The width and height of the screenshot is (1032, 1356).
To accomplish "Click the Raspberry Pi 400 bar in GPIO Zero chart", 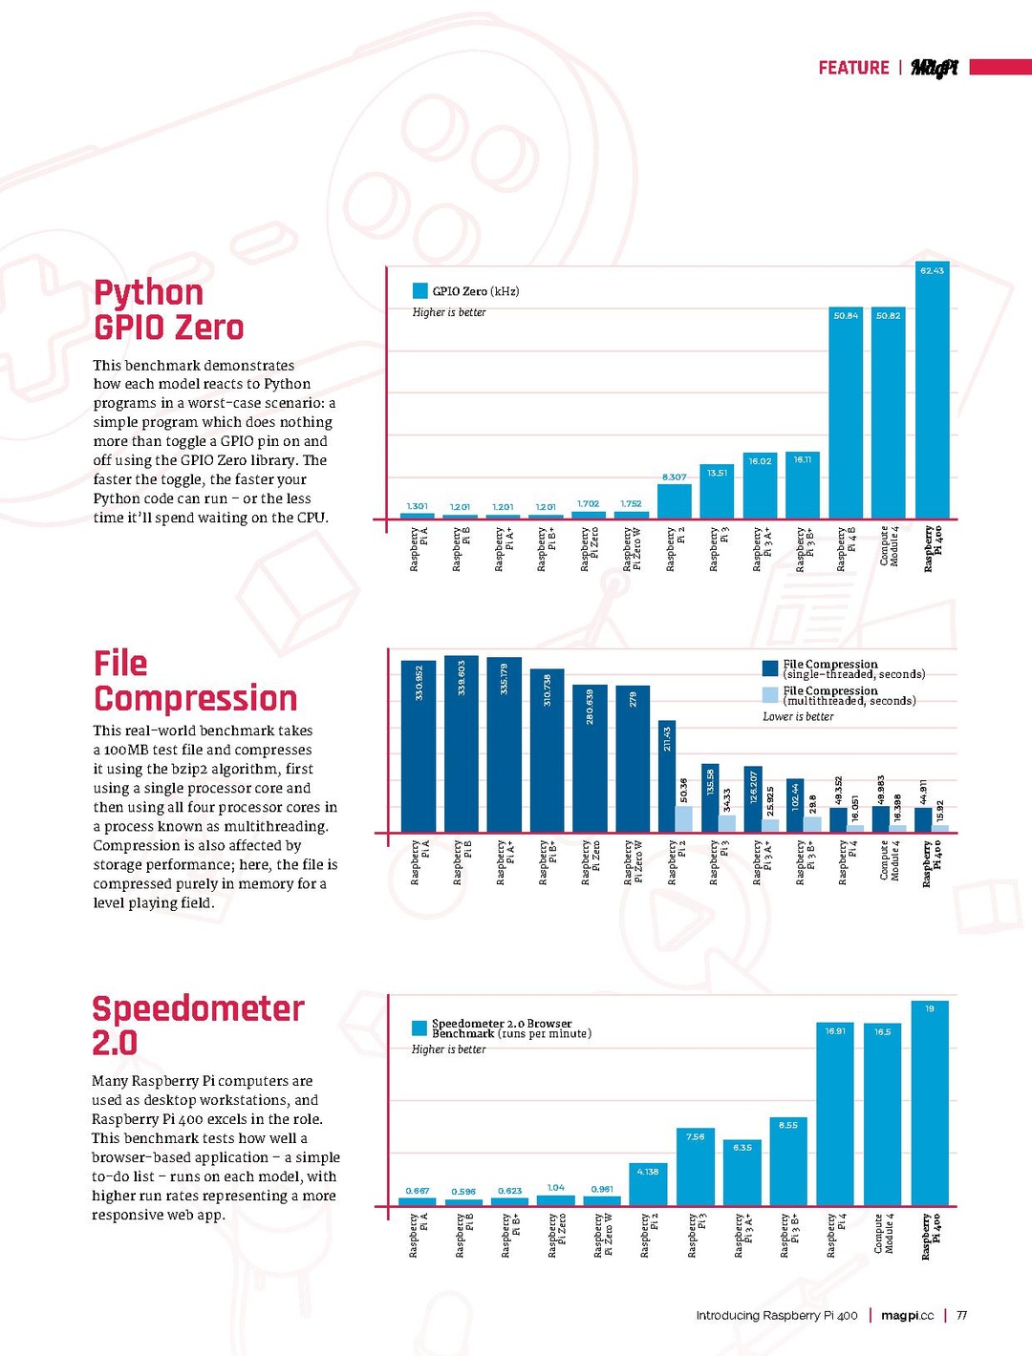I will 932,392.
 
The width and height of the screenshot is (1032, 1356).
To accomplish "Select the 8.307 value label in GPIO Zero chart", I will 674,477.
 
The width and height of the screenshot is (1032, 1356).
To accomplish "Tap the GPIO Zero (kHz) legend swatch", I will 419,290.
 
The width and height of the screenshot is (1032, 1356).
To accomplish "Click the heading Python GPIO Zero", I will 168,309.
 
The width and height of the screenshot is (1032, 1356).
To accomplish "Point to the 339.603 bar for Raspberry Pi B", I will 462,744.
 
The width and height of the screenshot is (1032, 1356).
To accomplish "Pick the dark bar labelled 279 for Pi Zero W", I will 633,758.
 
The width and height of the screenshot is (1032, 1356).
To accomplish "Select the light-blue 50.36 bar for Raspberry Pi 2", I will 684,818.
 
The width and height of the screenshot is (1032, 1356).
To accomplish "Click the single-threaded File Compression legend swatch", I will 770,668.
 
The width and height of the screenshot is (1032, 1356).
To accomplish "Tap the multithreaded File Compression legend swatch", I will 770,695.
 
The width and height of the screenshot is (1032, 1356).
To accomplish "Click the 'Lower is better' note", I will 798,716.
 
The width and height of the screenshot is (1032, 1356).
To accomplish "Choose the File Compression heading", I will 195,681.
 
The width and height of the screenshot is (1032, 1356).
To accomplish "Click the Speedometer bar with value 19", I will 930,1103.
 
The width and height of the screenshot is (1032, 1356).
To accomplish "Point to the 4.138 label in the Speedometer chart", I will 648,1172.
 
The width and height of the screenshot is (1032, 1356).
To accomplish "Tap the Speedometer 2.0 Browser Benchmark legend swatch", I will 419,1028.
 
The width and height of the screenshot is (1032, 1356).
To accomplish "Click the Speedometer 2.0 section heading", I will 197,1025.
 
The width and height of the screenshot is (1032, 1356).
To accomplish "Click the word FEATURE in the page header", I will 853,68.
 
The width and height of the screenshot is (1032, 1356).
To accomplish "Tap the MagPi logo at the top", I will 934,68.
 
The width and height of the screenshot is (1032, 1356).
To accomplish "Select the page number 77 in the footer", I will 961,1315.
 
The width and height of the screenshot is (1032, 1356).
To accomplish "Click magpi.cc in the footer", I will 907,1315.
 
